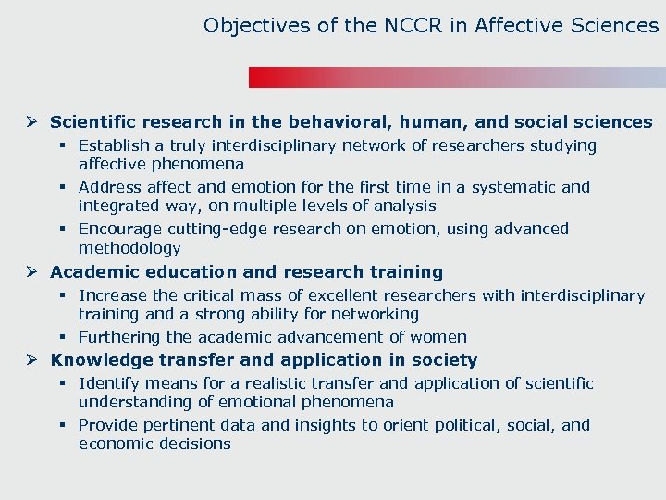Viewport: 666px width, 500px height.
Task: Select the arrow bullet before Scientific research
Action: [31, 122]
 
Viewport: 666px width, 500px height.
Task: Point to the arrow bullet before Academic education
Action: [31, 272]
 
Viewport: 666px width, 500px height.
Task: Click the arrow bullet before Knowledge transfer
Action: [31, 360]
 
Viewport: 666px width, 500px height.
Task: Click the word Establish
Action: [114, 145]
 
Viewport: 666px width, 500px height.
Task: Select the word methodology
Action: [129, 248]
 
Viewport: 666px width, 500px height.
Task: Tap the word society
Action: [443, 360]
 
